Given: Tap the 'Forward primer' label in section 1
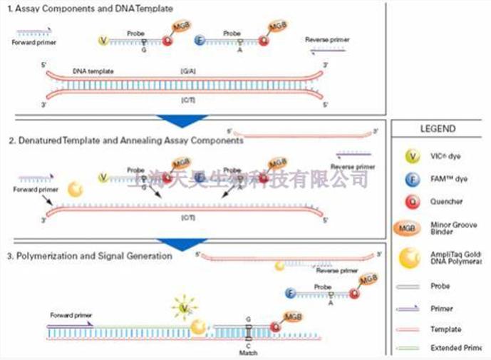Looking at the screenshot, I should point(33,43).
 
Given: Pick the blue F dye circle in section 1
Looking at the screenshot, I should point(200,41).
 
